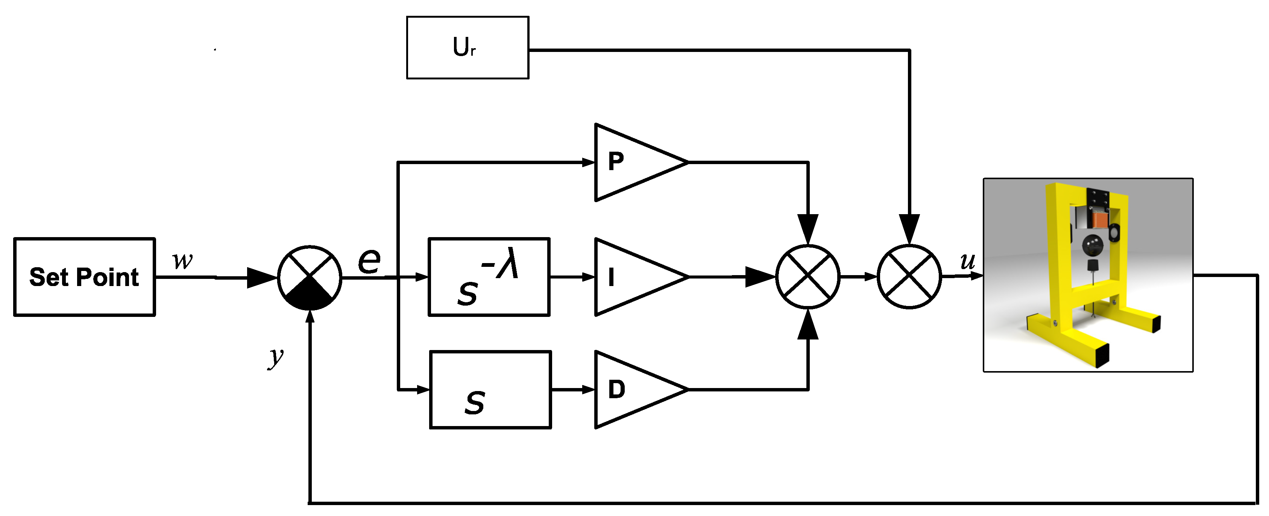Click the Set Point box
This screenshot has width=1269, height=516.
[x=84, y=277]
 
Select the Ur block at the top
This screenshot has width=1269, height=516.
[x=468, y=47]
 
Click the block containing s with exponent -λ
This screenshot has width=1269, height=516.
[x=489, y=277]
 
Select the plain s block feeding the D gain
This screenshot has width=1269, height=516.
[x=490, y=389]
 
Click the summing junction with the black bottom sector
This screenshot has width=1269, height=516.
[x=310, y=277]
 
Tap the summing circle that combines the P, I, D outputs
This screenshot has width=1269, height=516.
[x=808, y=277]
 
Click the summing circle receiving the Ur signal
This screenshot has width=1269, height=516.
[x=909, y=277]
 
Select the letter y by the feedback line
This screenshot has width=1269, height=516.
[x=276, y=356]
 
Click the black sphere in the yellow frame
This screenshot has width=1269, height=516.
[x=1092, y=244]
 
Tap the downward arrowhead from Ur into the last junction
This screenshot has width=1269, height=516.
[x=909, y=229]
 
